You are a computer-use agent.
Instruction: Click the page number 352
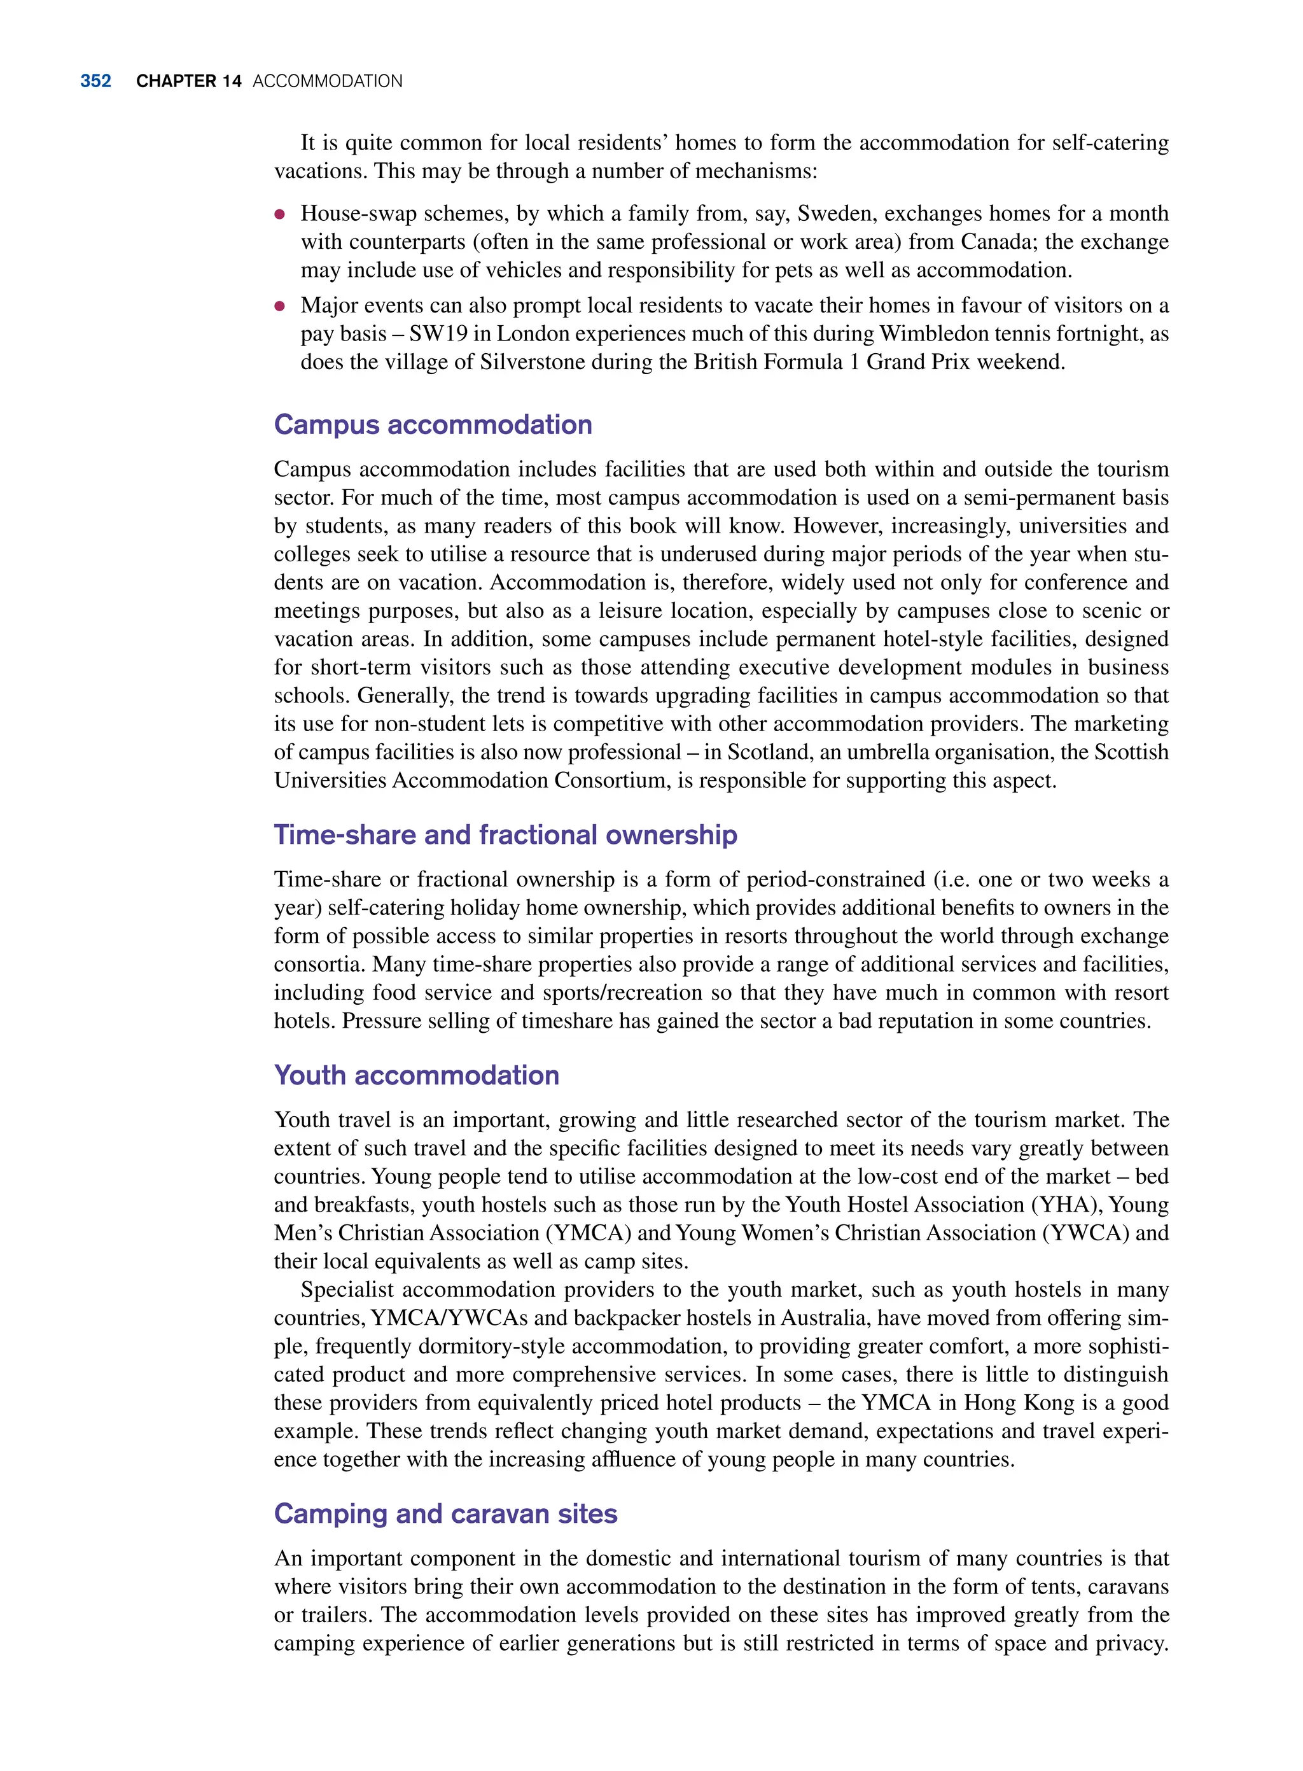(95, 81)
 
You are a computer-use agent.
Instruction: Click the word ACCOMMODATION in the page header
(327, 81)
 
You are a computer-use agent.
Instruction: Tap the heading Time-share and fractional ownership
(505, 835)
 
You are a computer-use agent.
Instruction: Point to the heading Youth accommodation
(417, 1075)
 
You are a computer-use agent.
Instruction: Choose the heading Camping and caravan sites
(445, 1514)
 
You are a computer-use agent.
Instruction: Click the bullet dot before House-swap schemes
(279, 214)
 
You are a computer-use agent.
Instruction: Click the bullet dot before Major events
(279, 306)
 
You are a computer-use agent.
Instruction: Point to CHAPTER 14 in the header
(188, 81)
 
